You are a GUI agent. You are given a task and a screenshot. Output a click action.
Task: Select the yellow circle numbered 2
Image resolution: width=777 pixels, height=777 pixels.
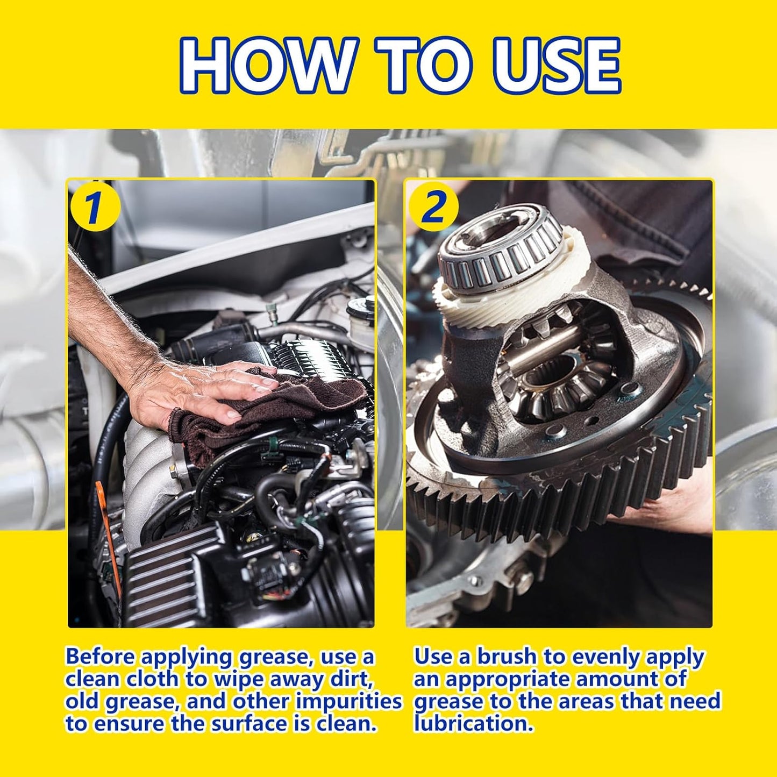click(x=433, y=207)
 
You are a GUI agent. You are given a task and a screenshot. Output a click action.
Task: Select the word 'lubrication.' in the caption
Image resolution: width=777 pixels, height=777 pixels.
click(x=473, y=724)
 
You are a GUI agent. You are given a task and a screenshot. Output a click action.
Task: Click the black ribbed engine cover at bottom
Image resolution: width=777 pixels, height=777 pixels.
click(x=161, y=575)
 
